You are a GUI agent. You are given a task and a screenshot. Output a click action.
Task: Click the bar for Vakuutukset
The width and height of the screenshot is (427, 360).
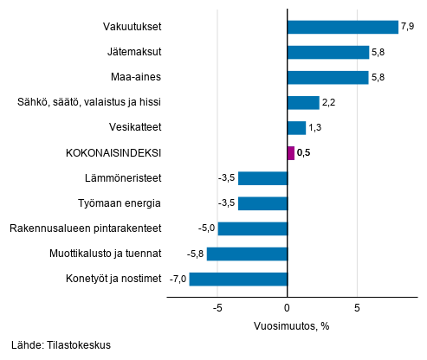(342, 27)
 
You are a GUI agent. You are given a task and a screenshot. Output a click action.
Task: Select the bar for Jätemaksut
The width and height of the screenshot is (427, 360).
(327, 52)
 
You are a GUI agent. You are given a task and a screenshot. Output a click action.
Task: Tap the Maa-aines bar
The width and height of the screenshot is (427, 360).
(327, 78)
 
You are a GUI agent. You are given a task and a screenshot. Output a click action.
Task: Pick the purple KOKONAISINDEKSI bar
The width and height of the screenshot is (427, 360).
(290, 153)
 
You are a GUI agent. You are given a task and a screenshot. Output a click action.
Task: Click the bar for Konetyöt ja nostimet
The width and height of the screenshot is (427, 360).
(238, 279)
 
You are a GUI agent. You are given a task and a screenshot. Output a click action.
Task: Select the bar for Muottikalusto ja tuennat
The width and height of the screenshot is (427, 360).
(247, 254)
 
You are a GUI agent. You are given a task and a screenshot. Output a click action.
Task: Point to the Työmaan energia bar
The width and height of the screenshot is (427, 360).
(262, 203)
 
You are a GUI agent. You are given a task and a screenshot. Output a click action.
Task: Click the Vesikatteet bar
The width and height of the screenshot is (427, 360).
(296, 128)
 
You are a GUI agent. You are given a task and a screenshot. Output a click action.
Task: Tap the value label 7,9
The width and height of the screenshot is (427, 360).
(409, 27)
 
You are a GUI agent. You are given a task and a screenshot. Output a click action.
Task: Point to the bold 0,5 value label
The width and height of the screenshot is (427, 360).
(304, 153)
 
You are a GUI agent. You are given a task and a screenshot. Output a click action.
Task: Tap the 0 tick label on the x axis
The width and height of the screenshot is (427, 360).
(287, 307)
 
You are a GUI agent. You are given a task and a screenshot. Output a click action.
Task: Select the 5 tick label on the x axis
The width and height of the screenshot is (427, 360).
(356, 307)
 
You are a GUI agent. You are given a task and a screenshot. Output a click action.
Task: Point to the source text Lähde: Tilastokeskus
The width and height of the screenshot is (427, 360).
(61, 344)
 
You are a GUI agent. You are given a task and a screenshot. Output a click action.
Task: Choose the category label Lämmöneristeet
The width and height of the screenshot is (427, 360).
(126, 178)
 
